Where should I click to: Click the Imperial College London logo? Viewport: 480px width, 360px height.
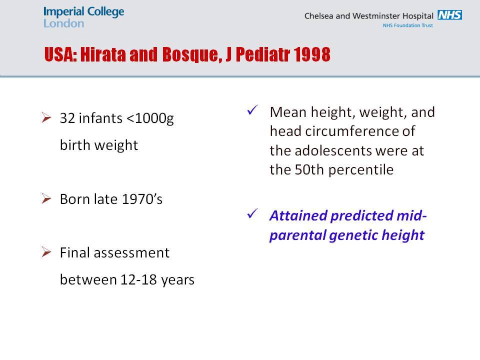tap(83, 17)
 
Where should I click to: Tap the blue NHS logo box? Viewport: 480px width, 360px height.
tap(449, 15)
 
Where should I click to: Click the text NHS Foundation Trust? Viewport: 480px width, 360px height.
tap(408, 25)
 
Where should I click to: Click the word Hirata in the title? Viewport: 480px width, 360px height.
tap(103, 54)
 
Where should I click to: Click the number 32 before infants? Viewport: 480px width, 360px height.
tap(67, 118)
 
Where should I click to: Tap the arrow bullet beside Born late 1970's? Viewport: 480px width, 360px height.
tap(46, 198)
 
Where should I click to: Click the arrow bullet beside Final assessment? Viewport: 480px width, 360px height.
tap(46, 252)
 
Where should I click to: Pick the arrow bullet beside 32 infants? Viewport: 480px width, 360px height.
tap(46, 117)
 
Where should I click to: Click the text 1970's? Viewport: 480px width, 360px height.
tap(142, 199)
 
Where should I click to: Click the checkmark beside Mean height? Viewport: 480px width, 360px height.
tap(252, 110)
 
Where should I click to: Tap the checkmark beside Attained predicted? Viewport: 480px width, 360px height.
tap(252, 213)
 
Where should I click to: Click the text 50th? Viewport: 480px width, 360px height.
tap(309, 169)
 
